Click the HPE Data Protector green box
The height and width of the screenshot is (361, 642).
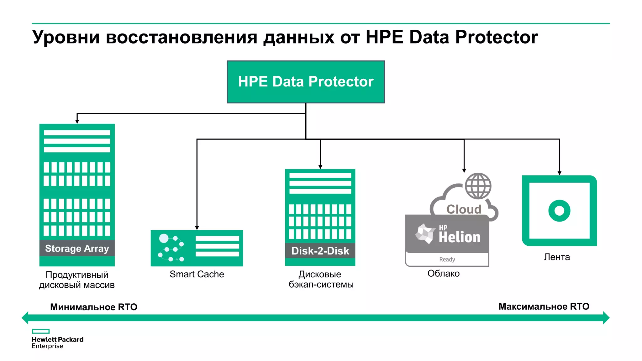point(306,82)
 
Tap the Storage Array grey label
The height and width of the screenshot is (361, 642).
point(77,249)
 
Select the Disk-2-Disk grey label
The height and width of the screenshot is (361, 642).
point(320,251)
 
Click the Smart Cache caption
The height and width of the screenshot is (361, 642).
point(197,274)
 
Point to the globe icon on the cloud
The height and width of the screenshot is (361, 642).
point(478,186)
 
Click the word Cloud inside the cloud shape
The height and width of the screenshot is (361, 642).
point(464,209)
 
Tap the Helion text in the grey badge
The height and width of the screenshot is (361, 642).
point(459,237)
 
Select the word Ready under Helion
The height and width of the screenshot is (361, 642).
point(447,259)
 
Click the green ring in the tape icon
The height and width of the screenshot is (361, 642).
point(559,211)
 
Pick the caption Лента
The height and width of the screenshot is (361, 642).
point(557,257)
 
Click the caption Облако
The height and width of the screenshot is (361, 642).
point(443,274)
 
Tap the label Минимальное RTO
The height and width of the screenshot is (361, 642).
point(94,307)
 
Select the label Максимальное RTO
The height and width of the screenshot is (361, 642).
point(544,306)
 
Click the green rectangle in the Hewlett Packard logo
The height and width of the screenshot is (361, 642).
point(41,331)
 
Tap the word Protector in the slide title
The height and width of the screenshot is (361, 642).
point(497,37)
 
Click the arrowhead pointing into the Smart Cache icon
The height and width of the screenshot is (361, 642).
point(197,228)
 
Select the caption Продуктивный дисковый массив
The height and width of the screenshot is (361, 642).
point(77,280)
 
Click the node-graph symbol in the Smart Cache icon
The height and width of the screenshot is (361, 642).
point(171,248)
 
